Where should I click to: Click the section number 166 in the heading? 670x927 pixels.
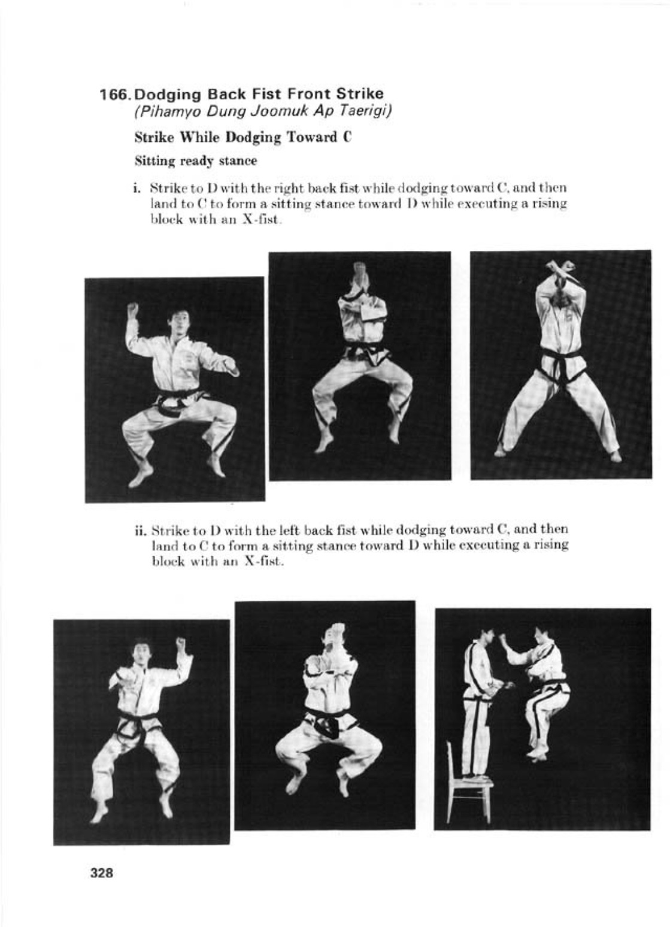(x=114, y=94)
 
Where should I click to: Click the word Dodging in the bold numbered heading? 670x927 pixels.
(x=169, y=94)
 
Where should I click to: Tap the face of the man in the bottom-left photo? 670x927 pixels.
(x=141, y=655)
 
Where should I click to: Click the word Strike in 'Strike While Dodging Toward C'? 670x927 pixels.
(x=152, y=137)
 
